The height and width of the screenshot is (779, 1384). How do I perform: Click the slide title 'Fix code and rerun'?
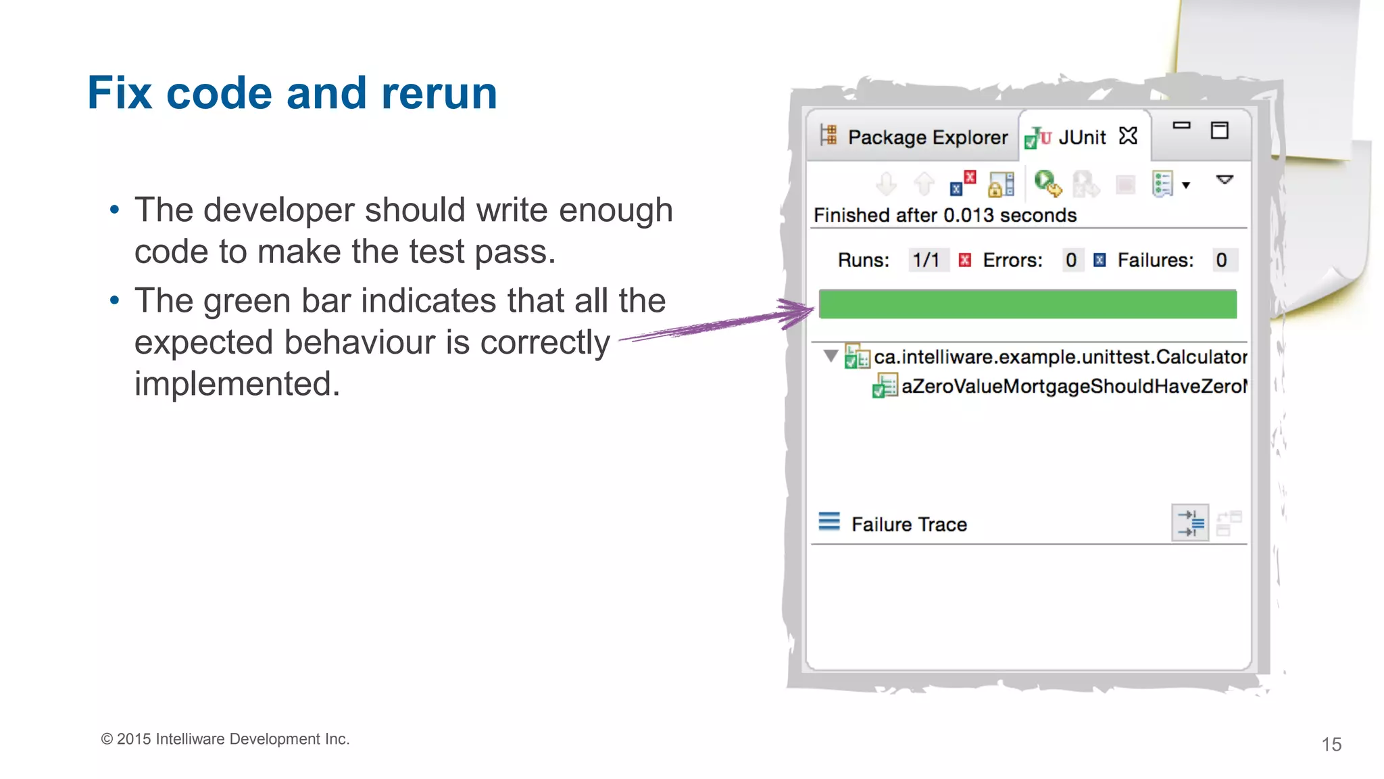coord(292,93)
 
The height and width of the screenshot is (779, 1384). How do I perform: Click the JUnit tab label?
coord(1082,137)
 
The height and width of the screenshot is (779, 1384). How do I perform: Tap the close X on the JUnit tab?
coord(1128,136)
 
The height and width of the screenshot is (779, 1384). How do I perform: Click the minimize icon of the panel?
coord(1181,126)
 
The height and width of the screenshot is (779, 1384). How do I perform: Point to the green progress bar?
coord(1027,304)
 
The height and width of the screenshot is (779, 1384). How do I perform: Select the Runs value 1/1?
coord(926,260)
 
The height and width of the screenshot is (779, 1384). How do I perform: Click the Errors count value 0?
coord(1070,260)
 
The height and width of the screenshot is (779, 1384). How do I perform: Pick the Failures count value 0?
coord(1221,260)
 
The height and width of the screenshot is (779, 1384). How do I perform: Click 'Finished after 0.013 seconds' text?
coord(945,216)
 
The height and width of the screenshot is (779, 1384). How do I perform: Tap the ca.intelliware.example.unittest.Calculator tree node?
coord(1060,357)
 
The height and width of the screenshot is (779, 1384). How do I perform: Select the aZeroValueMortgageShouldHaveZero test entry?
coord(1073,386)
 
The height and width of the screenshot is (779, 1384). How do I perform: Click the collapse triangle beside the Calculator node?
coord(831,356)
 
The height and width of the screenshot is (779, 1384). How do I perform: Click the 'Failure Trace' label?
coord(909,525)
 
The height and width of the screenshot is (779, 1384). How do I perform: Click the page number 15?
coord(1331,745)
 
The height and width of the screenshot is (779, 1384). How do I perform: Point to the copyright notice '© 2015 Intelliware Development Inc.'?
coord(225,739)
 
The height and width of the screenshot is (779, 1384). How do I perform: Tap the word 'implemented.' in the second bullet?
coord(237,384)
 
